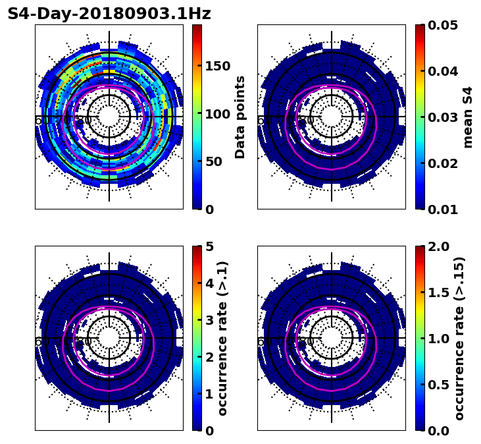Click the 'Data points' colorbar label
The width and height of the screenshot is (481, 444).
240,117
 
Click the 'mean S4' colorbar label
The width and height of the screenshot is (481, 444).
468,117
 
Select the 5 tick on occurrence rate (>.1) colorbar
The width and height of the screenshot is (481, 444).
209,246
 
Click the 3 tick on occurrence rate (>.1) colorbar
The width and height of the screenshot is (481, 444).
209,320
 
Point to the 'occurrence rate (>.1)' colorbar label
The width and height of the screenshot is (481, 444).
223,339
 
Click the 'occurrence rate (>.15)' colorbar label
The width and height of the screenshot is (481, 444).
459,339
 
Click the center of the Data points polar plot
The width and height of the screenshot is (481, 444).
109,117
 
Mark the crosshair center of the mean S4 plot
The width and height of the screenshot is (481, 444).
332,117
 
